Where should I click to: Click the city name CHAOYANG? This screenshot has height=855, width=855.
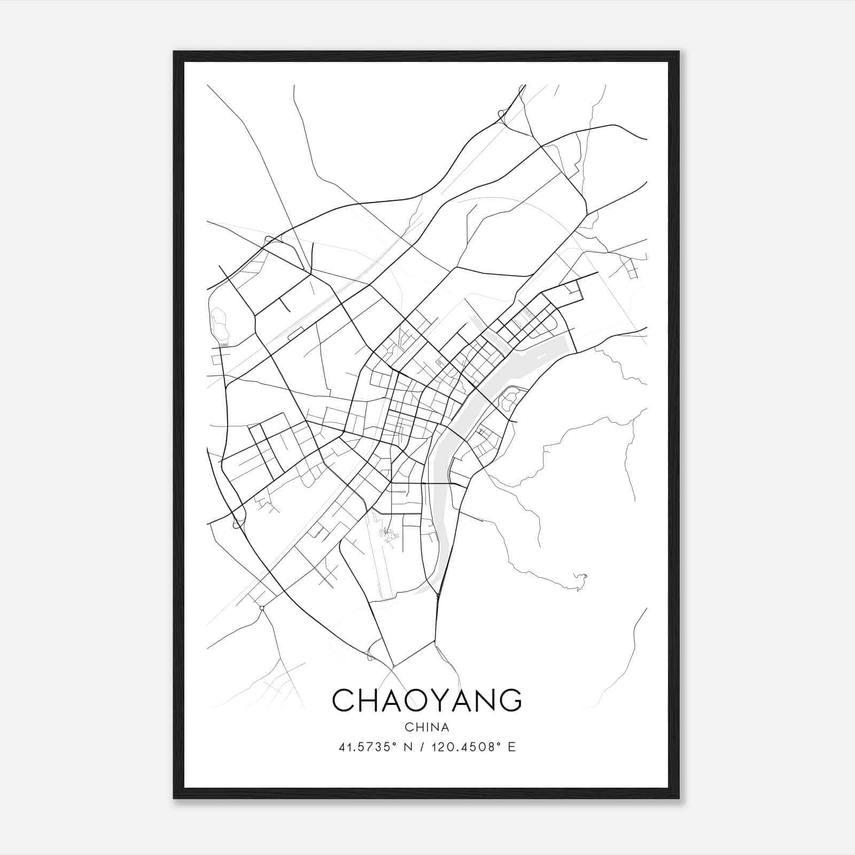(x=427, y=701)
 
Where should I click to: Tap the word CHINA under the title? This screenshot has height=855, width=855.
(x=427, y=727)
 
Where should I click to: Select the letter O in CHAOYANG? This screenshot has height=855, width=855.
(x=419, y=701)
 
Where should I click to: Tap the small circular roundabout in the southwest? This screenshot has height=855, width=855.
(x=262, y=608)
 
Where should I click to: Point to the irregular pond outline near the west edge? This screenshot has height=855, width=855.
(x=220, y=324)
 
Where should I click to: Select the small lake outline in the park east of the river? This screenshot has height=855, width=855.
(x=507, y=398)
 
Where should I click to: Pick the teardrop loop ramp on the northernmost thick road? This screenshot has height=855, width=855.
(x=501, y=113)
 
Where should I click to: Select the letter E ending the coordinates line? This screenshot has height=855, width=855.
(x=512, y=747)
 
